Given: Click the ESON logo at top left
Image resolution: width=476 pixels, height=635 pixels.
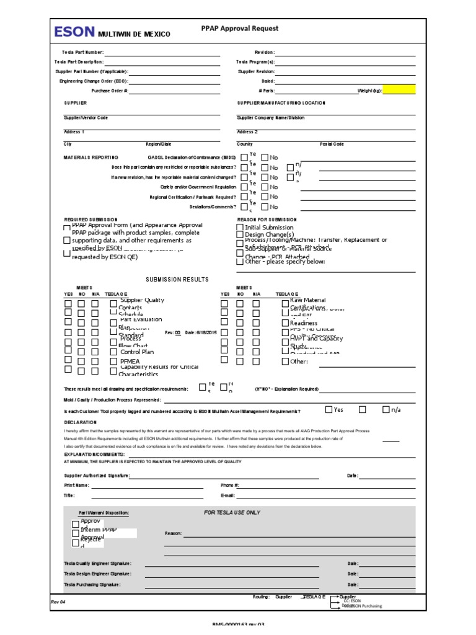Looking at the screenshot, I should coord(74,32).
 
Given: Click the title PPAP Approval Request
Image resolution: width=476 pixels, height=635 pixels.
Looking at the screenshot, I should coord(240,29).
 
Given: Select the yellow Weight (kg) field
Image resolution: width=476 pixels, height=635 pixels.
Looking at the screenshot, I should coord(400,90).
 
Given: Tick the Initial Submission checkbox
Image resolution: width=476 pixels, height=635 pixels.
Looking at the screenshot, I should coord(240,228).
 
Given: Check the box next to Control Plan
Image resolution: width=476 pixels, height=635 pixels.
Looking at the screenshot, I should coord(113,352).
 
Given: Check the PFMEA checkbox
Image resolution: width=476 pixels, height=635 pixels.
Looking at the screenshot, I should coord(113,361).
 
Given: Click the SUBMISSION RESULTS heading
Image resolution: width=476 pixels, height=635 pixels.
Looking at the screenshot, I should coord(177,280).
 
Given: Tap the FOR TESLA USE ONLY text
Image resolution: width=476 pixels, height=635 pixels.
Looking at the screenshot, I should coord(232,513).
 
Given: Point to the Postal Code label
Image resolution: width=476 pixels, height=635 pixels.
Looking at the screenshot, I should coord(332,144).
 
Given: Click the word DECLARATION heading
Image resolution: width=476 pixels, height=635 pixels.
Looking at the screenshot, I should coord(81,422).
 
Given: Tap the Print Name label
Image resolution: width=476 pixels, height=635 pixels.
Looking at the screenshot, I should coord(73,485).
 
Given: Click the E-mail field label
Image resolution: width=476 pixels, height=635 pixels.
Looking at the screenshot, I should coord(227,495).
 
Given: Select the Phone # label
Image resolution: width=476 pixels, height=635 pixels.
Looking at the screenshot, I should coord(229,485).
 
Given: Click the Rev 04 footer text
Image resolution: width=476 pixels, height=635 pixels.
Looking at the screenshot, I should coord(58,601).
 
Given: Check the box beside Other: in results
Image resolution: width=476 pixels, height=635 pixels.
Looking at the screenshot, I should coord(285,362).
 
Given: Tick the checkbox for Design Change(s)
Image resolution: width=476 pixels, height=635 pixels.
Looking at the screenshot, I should coord(240,235).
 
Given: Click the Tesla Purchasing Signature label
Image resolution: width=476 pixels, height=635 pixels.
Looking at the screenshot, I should coord(92,584).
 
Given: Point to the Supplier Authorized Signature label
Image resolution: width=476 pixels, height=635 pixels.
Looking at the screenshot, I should coord(97,476).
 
